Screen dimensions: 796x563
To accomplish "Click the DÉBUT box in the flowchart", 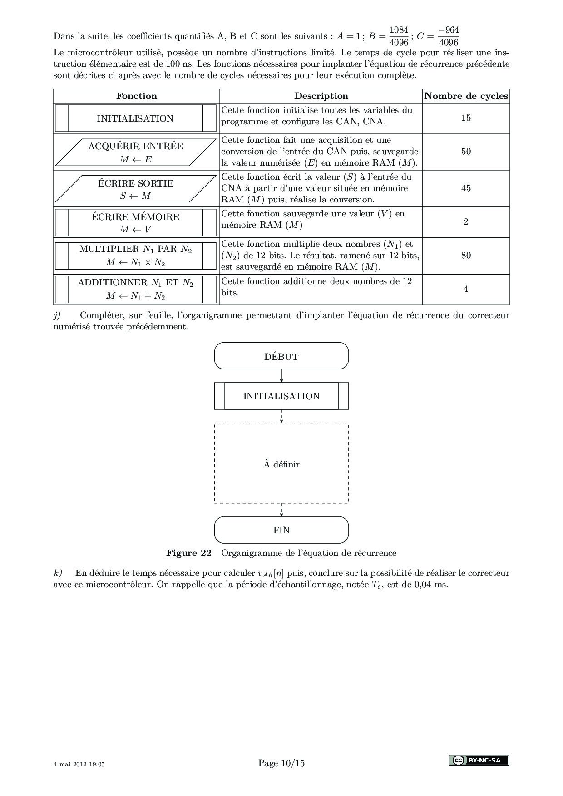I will pyautogui.click(x=281, y=356).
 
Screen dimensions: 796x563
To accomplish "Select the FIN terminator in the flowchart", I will pyautogui.click(x=281, y=530).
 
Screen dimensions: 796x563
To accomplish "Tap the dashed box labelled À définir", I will pyautogui.click(x=281, y=464).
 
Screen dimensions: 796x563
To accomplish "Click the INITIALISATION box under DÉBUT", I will pyautogui.click(x=281, y=396).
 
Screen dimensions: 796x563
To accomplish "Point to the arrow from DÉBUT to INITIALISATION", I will pyautogui.click(x=281, y=376).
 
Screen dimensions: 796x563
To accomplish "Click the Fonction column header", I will pyautogui.click(x=136, y=96).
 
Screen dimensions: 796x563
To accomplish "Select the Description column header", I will pyautogui.click(x=321, y=96).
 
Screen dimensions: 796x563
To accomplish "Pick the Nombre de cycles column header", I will pyautogui.click(x=466, y=96).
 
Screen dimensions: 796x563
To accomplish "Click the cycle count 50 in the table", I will pyautogui.click(x=466, y=152).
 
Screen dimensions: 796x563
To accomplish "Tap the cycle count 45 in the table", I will pyautogui.click(x=466, y=188).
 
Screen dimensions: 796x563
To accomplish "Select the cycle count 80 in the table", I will pyautogui.click(x=466, y=256).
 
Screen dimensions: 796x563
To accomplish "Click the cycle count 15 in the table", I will pyautogui.click(x=466, y=118).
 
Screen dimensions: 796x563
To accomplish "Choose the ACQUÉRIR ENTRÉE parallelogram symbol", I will pyautogui.click(x=136, y=152).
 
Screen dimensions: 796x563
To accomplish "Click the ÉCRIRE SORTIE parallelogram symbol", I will pyautogui.click(x=136, y=189).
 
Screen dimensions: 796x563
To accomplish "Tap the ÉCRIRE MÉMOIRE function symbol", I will pyautogui.click(x=136, y=222).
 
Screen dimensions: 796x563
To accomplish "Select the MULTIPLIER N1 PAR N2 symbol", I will pyautogui.click(x=136, y=256).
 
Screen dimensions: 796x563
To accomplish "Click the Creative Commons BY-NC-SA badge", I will pyautogui.click(x=479, y=760).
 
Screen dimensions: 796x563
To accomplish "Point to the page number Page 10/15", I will pyautogui.click(x=281, y=763).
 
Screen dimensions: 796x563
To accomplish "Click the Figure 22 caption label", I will pyautogui.click(x=189, y=553).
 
